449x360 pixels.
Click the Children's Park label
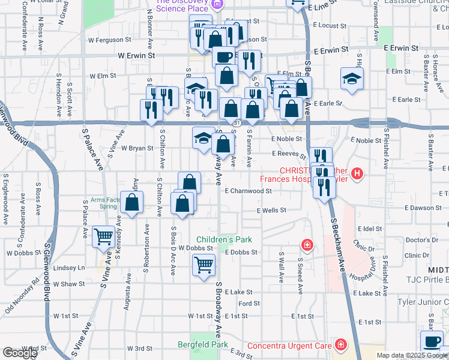[x=224, y=239]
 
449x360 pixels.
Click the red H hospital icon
[x=357, y=175]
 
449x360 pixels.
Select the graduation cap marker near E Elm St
[x=352, y=78]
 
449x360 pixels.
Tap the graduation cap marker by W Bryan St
[x=203, y=137]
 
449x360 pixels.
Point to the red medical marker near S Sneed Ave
[x=307, y=245]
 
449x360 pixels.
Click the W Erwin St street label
[x=137, y=55]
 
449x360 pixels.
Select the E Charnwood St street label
[x=249, y=191]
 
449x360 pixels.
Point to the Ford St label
[x=249, y=304]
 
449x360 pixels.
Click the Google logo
[x=20, y=353]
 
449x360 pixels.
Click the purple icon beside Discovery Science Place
[x=217, y=5]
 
